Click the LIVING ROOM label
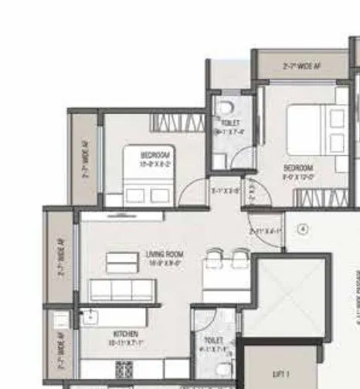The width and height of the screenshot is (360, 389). pyautogui.click(x=163, y=253)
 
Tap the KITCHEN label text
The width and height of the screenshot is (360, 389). pyautogui.click(x=124, y=334)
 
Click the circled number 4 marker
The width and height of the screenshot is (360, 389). pyautogui.click(x=304, y=228)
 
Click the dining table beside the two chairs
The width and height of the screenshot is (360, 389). pyautogui.click(x=225, y=272)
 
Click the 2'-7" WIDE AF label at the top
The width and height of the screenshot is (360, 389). pyautogui.click(x=301, y=66)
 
